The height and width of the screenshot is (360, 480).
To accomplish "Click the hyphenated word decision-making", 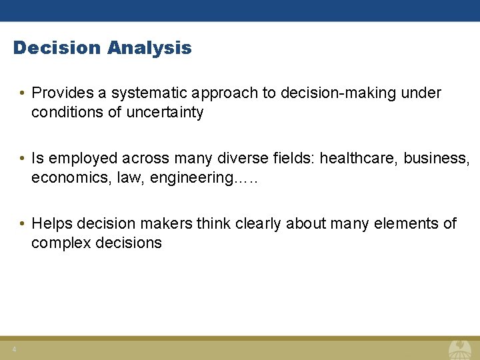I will (x=338, y=93).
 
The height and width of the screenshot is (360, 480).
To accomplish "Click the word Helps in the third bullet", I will (x=51, y=224).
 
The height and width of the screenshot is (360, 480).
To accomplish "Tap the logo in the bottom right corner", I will (x=459, y=349).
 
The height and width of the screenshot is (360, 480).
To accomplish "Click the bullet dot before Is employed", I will (x=23, y=159).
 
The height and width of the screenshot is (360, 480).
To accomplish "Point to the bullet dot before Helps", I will (x=23, y=224).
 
